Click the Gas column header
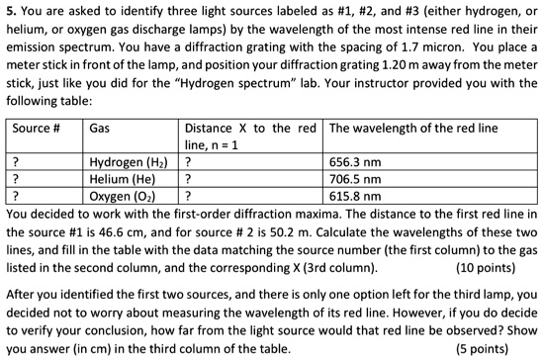point(99,129)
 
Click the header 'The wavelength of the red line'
point(414,129)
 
